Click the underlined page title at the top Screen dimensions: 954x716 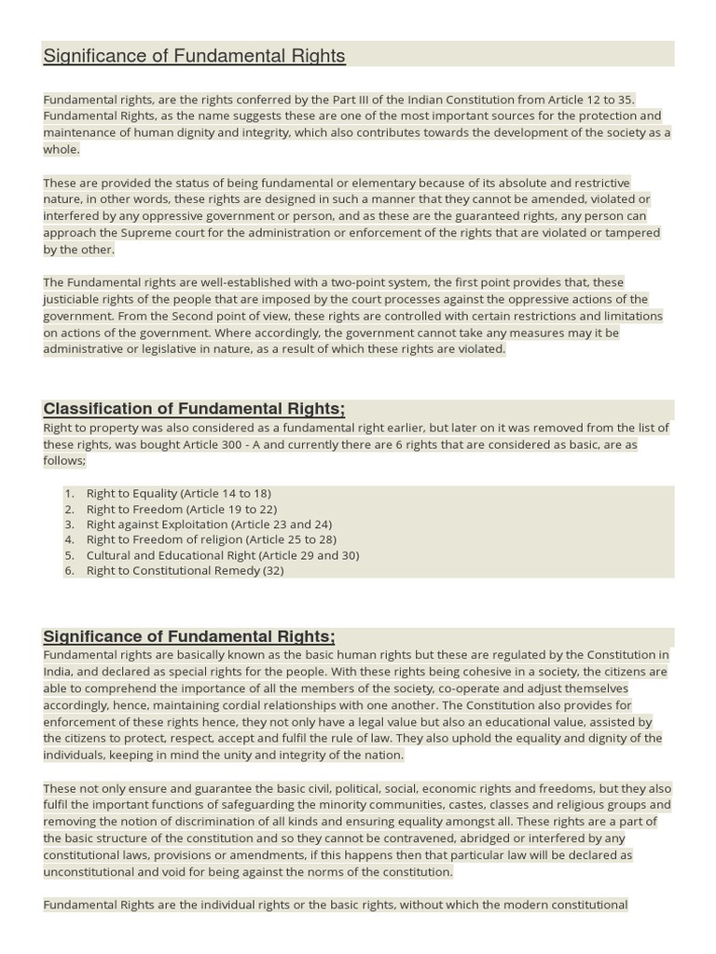[x=194, y=56]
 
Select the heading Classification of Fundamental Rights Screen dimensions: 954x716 [x=194, y=409]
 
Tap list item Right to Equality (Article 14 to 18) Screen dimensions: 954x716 [x=179, y=493]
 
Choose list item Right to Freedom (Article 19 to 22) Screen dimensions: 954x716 [x=182, y=509]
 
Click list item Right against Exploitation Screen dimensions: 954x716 [x=209, y=525]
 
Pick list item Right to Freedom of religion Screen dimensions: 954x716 [x=211, y=539]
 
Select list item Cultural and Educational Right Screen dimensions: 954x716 [x=222, y=555]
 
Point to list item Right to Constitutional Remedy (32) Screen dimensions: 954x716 [x=185, y=570]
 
